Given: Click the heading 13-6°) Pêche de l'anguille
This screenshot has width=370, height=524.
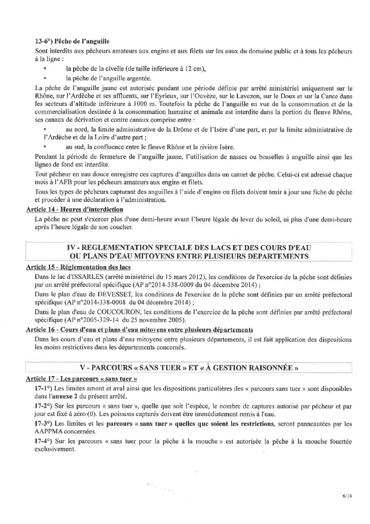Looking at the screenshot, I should [72, 41].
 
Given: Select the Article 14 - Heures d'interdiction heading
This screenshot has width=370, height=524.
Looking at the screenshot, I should [75, 209].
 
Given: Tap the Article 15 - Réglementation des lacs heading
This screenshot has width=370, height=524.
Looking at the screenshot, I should [78, 267].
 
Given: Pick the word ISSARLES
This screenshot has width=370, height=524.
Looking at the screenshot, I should [81, 276].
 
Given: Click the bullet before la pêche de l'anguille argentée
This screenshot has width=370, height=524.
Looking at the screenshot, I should [45, 78].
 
